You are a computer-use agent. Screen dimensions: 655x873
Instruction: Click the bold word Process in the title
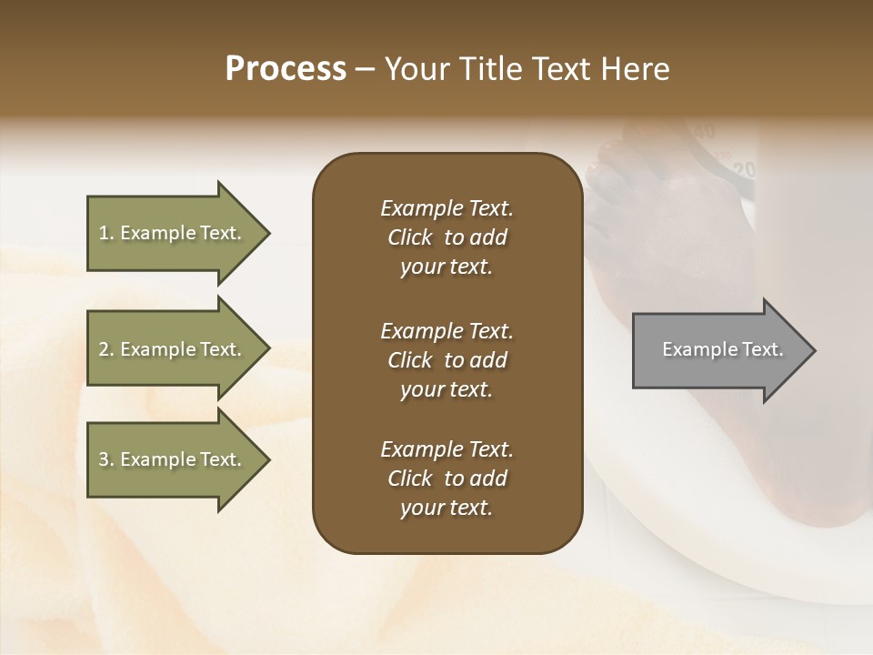[x=286, y=69]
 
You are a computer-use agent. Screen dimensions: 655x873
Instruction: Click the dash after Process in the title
[x=365, y=70]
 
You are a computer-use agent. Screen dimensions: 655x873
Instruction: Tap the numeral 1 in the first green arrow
[x=103, y=233]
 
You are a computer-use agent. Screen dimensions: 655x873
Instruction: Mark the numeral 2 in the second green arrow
[x=104, y=349]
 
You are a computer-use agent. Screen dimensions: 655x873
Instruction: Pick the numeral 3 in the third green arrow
[x=104, y=459]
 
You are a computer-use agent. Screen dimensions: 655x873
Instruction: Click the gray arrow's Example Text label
[x=722, y=349]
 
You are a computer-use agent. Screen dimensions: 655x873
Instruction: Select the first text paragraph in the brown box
[x=447, y=237]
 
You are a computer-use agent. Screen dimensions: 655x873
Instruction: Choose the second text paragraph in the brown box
[x=447, y=360]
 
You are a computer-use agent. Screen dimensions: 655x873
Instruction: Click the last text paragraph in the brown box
[x=447, y=479]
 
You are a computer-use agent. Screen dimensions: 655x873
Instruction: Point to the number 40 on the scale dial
[x=705, y=132]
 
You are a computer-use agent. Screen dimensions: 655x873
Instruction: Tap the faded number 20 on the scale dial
[x=744, y=169]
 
